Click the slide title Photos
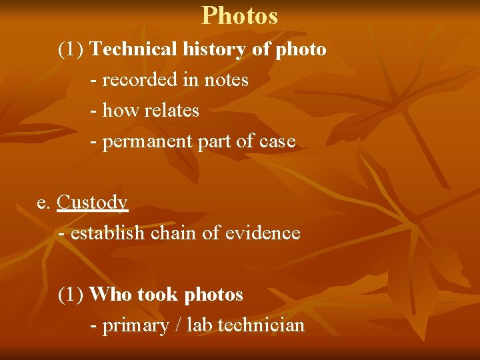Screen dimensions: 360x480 239,15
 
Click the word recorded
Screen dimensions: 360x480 135,80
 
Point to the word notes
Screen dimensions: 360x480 226,80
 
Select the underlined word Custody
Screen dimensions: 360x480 93,202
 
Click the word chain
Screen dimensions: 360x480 176,233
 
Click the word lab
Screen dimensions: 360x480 199,325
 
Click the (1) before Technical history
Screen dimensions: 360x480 71,50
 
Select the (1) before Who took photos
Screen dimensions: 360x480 71,295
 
